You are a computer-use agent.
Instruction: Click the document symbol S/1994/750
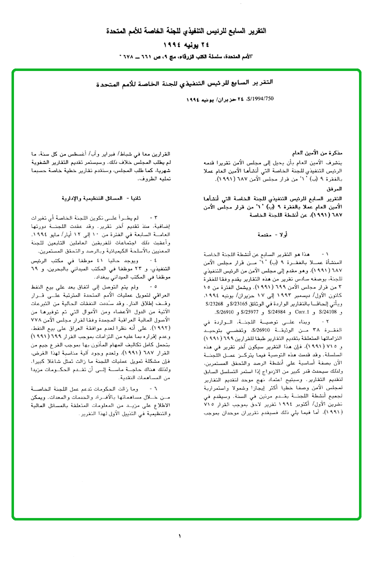coord(260,99)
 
